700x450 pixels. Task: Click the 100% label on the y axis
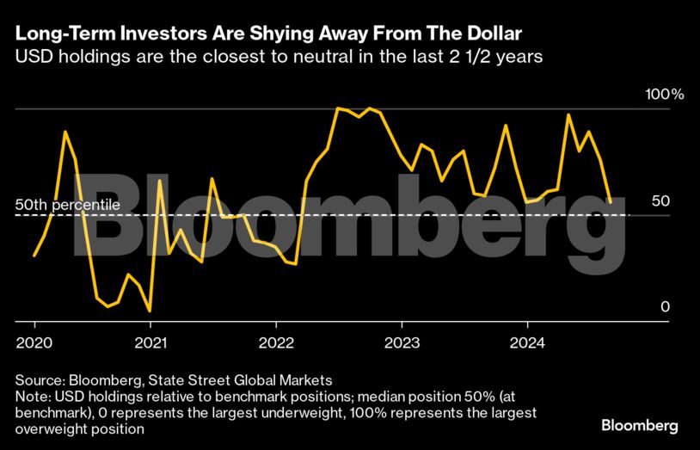pyautogui.click(x=664, y=94)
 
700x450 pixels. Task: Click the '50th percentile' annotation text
pyautogui.click(x=67, y=206)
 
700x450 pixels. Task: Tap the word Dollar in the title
pyautogui.click(x=490, y=35)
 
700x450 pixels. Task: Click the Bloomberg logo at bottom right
pyautogui.click(x=639, y=426)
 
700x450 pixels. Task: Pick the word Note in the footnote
pyautogui.click(x=32, y=396)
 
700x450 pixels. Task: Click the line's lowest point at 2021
pyautogui.click(x=150, y=311)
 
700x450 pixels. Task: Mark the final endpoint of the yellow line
pyautogui.click(x=610, y=203)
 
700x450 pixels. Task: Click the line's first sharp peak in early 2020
pyautogui.click(x=65, y=132)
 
